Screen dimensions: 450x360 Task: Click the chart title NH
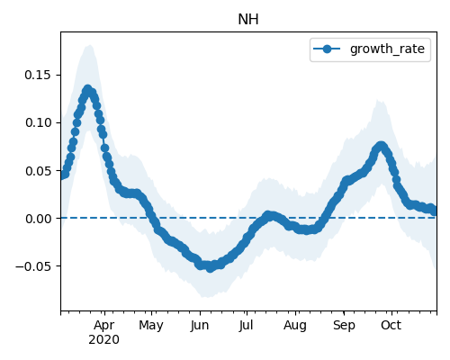coord(248,20)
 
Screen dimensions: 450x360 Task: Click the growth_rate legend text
coord(387,49)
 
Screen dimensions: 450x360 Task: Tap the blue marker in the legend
coord(327,49)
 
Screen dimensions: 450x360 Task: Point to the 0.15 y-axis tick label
coord(38,75)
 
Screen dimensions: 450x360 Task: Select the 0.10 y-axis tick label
coord(38,122)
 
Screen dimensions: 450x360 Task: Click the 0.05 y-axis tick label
coord(38,171)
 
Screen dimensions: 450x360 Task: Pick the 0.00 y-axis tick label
coord(38,219)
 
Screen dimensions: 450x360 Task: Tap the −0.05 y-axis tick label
coord(33,266)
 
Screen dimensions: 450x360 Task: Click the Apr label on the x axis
coord(103,326)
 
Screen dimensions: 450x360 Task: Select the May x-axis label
coord(151,326)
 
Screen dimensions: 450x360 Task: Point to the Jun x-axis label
coord(200,325)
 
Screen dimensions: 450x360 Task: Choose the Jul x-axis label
coord(246,325)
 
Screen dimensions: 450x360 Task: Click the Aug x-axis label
coord(295,326)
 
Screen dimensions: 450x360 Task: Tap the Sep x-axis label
coord(344,326)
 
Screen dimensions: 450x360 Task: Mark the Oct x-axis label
coord(391,325)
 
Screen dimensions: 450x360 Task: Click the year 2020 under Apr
coord(103,339)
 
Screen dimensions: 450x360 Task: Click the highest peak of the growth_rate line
coord(87,89)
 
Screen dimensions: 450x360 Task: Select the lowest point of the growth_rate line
coord(210,267)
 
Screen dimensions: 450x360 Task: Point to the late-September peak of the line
coord(381,146)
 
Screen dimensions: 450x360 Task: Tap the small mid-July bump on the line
coord(269,215)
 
